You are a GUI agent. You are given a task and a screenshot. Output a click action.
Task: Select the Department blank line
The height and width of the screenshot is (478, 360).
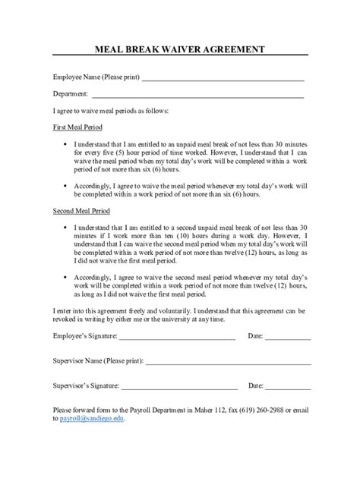[x=197, y=96]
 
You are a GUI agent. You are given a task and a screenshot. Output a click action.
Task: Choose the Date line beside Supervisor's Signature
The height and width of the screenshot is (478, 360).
[x=287, y=388]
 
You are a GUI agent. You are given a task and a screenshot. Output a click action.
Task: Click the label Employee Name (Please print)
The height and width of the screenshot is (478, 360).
[x=96, y=77]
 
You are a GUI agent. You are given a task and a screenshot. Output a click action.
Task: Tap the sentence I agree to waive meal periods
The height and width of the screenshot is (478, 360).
[x=110, y=111]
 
